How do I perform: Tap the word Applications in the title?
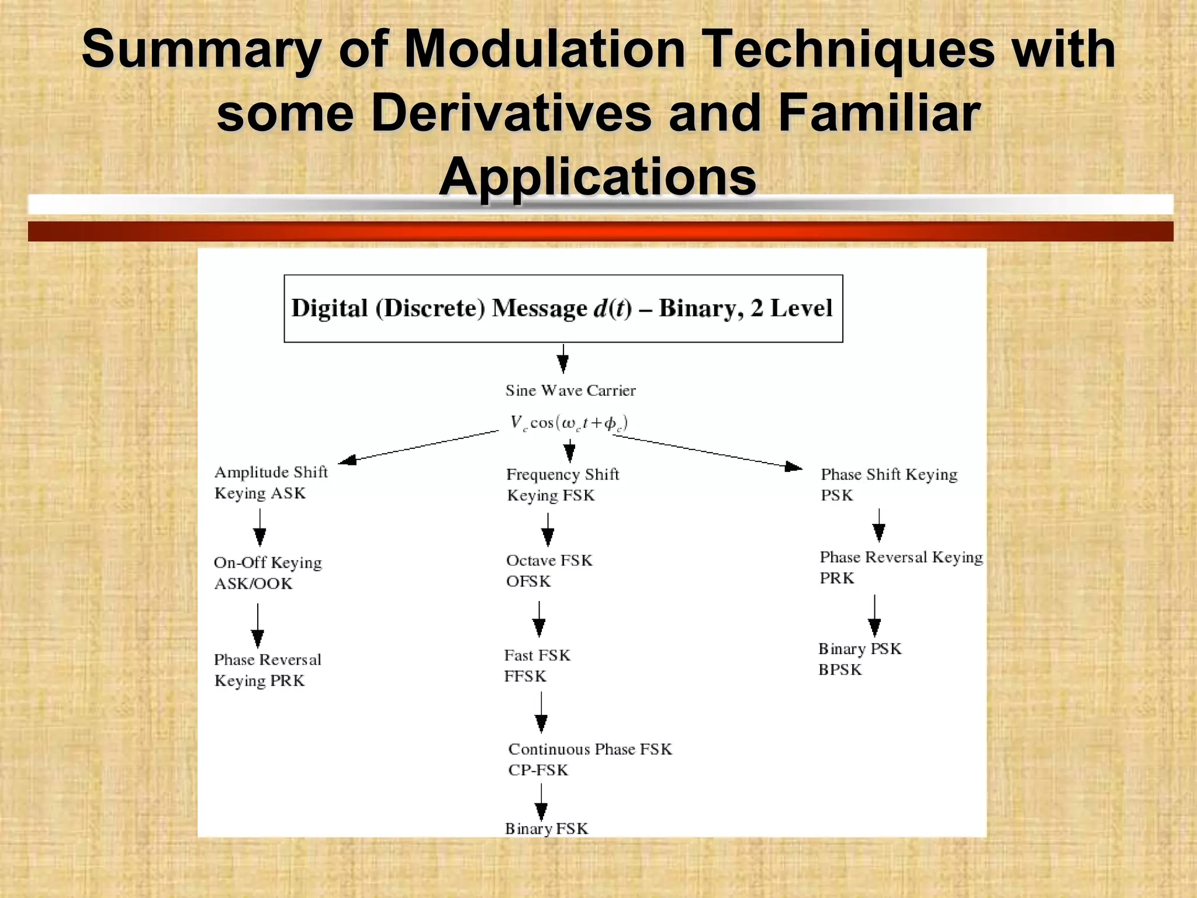[x=597, y=177]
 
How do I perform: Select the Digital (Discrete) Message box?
[x=563, y=308]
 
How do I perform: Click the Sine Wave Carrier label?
[x=570, y=391]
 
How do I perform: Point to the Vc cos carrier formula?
[x=569, y=423]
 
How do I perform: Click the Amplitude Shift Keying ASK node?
[x=271, y=482]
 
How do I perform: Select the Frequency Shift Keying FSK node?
[x=562, y=485]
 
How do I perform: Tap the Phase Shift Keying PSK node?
[x=888, y=485]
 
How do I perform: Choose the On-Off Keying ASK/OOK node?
[x=268, y=572]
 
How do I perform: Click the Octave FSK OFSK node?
[x=549, y=571]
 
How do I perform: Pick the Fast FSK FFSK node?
[x=537, y=665]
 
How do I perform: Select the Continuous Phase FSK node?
[x=590, y=759]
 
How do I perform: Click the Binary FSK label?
[x=546, y=828]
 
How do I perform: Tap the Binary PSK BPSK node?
[x=859, y=659]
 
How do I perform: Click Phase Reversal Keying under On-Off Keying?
[x=267, y=670]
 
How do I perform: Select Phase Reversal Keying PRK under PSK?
[x=901, y=567]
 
